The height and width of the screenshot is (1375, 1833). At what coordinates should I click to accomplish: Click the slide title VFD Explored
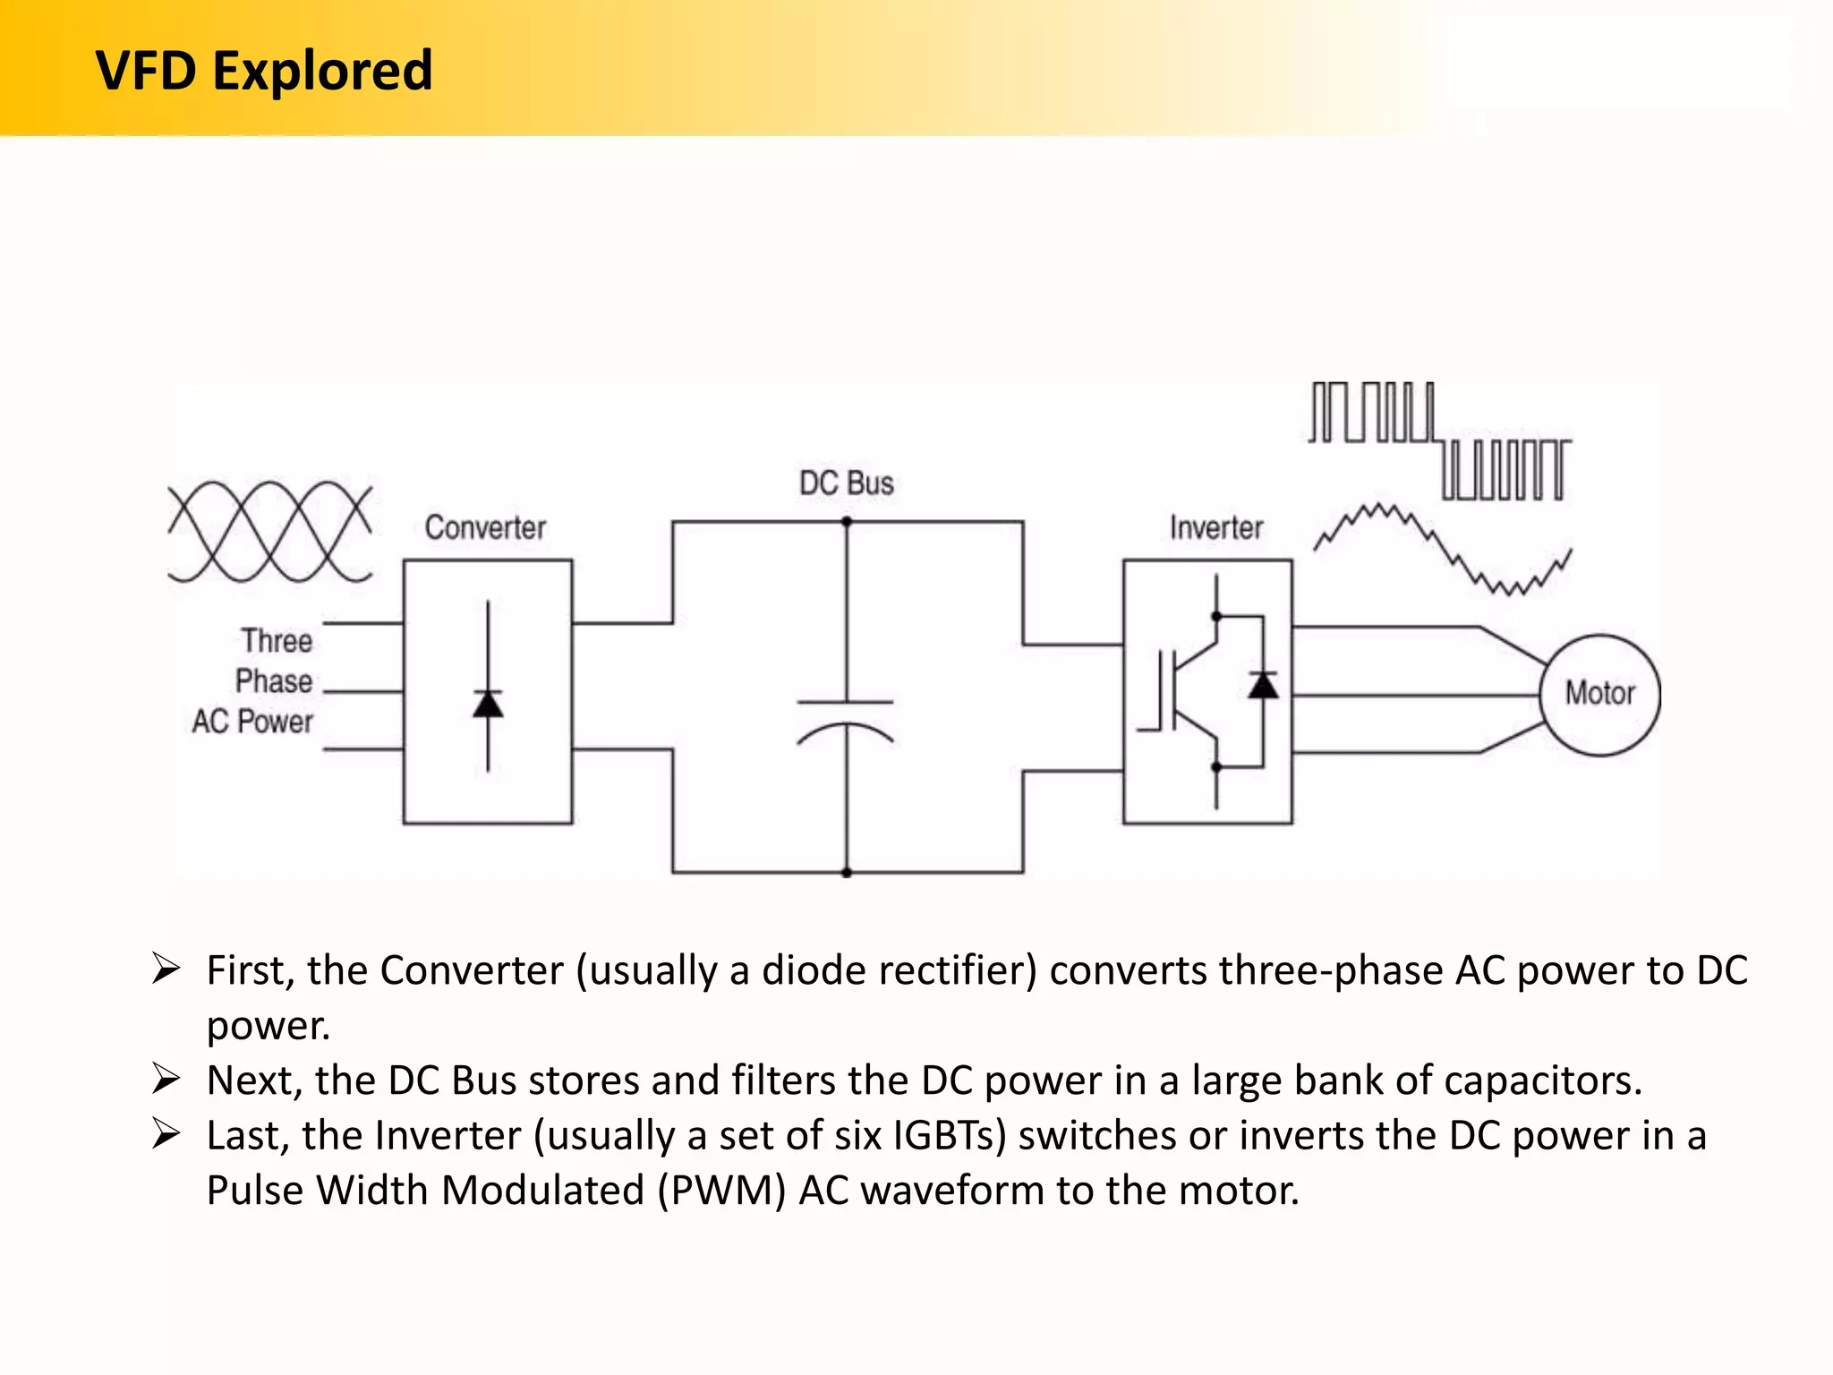264,71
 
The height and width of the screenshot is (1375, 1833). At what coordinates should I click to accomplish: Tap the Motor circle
1599,694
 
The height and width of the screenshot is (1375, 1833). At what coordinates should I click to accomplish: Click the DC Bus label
846,483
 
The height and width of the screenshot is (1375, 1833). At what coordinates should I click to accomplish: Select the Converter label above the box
485,528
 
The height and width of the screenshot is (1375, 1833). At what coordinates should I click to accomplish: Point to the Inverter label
1216,528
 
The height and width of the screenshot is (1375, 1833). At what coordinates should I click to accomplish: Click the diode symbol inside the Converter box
488,704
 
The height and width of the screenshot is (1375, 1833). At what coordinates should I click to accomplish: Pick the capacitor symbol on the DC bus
846,722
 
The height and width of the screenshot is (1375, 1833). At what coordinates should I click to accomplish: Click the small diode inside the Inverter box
1263,686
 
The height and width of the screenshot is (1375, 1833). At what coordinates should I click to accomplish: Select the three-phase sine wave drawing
269,532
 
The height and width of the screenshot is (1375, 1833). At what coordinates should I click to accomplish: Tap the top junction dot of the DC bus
847,522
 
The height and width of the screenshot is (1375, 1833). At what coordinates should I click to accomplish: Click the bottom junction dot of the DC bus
847,872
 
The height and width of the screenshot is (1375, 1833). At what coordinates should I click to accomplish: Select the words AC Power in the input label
252,722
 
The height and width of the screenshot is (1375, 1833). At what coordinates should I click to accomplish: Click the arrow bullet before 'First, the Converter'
166,969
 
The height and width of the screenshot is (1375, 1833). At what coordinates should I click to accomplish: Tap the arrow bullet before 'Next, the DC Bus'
166,1079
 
